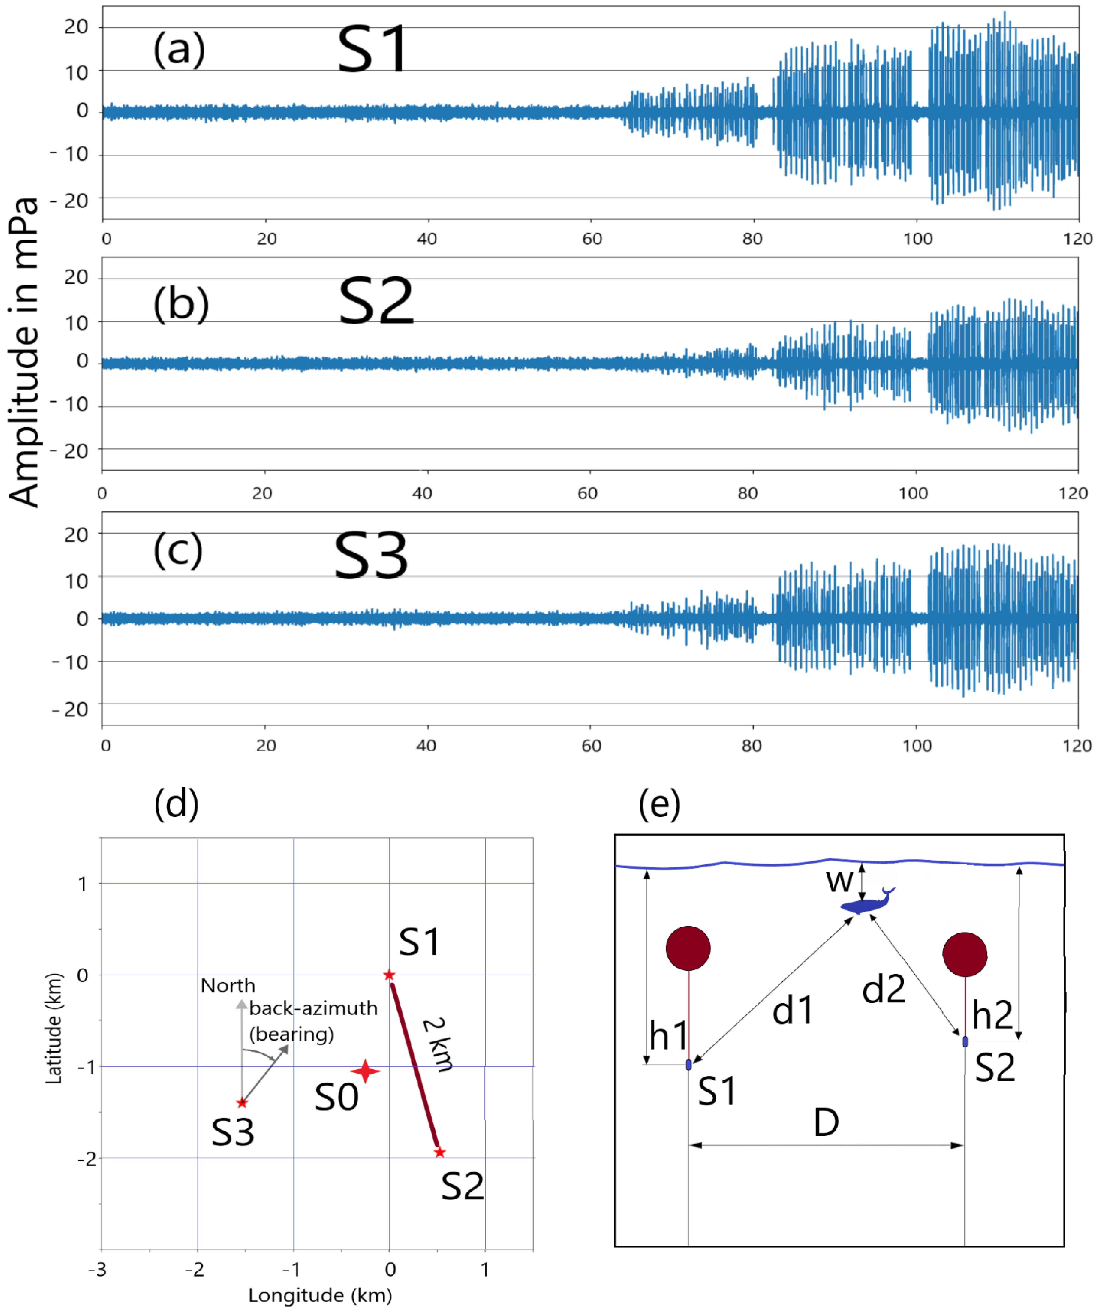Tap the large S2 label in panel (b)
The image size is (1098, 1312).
[x=376, y=302]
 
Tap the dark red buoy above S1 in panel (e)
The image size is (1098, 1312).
[x=688, y=948]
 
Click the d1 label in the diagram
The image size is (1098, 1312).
[x=792, y=1011]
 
